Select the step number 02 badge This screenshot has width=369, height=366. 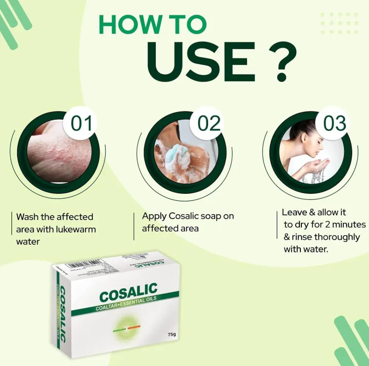click(208, 124)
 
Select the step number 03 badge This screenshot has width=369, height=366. click(334, 124)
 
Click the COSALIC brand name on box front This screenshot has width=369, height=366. click(128, 294)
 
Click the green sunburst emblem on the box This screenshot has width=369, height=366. click(128, 327)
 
